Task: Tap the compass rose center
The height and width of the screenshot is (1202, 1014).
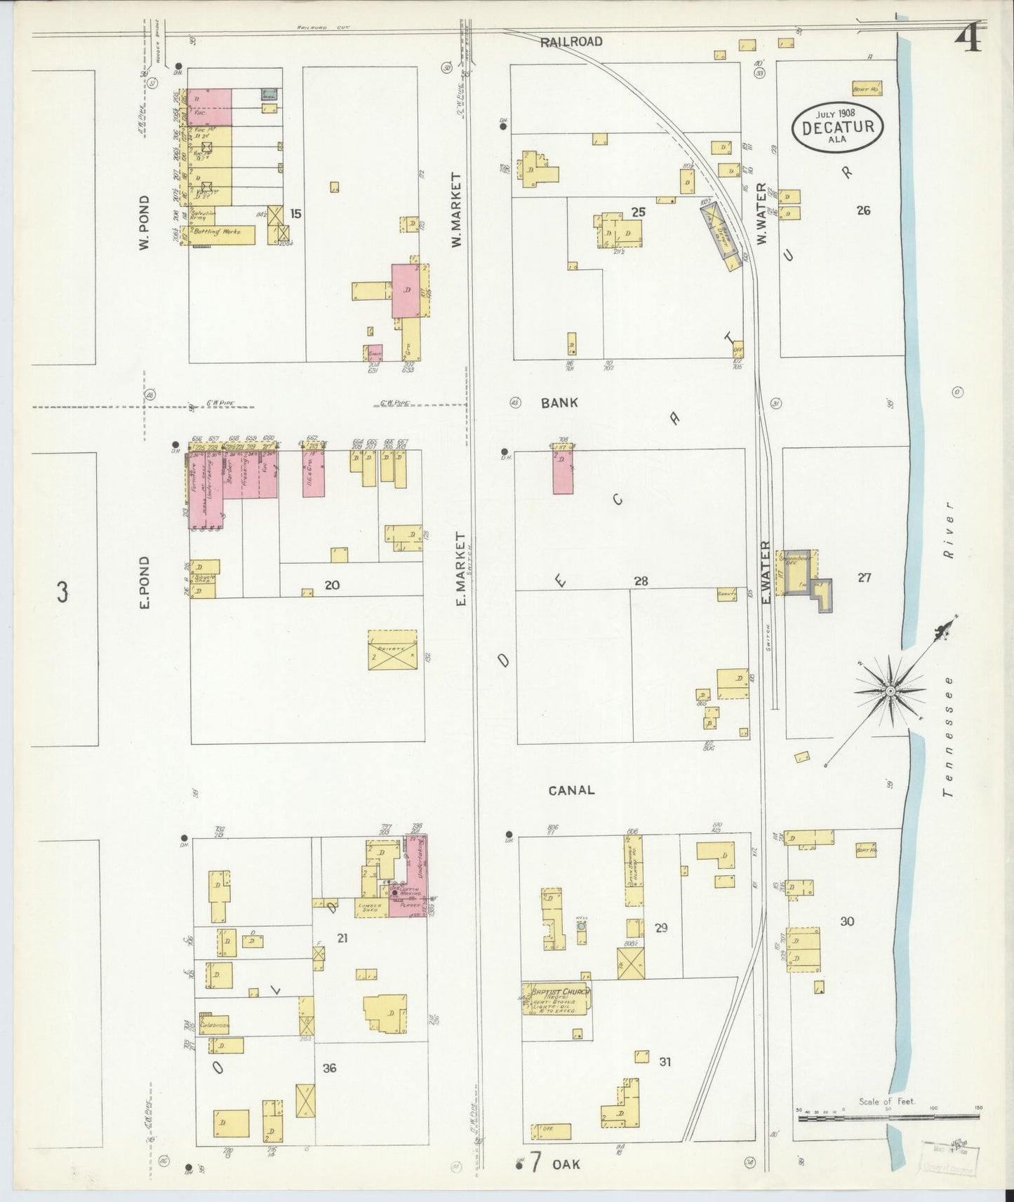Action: [890, 691]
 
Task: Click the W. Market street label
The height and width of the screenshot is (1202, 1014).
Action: [456, 210]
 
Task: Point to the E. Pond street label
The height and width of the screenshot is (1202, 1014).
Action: [145, 582]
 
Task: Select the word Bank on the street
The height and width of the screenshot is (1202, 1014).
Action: [559, 403]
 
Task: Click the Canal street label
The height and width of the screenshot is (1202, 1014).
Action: [571, 790]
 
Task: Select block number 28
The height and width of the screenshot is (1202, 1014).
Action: [640, 581]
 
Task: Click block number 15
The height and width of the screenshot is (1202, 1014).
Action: [295, 213]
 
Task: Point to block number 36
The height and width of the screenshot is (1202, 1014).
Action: [329, 1068]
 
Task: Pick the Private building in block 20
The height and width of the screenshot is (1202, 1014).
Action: [392, 650]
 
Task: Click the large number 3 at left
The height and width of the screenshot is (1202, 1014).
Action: [62, 593]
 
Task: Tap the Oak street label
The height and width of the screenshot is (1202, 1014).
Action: [566, 1164]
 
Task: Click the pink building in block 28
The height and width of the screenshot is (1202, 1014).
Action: [562, 472]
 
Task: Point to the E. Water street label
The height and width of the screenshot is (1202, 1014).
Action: [766, 572]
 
